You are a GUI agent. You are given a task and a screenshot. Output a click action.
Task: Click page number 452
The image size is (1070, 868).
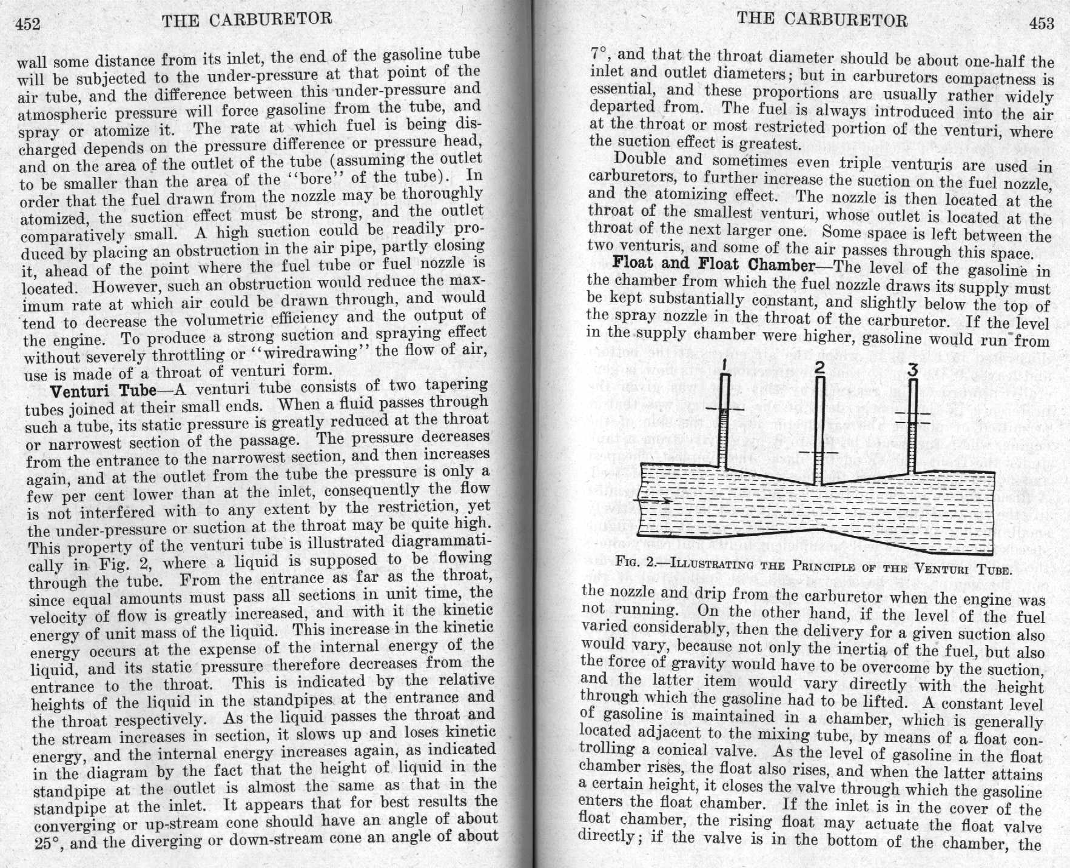click(x=27, y=24)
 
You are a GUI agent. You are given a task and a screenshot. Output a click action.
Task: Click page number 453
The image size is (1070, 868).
click(x=1041, y=23)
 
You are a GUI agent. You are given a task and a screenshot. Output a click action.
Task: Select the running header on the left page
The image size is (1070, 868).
click(x=247, y=19)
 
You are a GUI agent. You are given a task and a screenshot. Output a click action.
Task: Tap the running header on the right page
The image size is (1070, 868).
click(x=822, y=19)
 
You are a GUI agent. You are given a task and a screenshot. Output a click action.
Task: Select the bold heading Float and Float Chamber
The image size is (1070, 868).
click(x=714, y=264)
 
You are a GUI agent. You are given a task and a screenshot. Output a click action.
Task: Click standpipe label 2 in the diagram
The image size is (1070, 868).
click(x=819, y=367)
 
